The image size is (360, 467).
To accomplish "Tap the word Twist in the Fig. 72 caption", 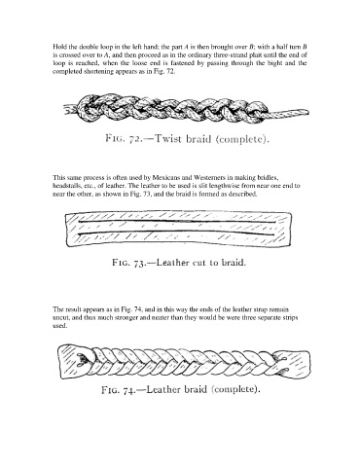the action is (x=168, y=138).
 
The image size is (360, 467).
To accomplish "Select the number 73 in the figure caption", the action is (x=139, y=263).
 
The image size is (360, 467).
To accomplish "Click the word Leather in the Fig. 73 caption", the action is (x=172, y=262).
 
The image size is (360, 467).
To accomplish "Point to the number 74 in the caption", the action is (x=129, y=389).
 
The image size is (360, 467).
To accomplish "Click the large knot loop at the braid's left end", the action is (x=89, y=108).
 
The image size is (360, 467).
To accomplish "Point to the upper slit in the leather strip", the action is (x=176, y=222).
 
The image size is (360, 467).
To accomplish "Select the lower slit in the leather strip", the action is (x=176, y=233).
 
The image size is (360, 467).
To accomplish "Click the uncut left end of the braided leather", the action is (x=75, y=361).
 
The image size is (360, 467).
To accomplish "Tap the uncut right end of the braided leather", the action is (x=292, y=363).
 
